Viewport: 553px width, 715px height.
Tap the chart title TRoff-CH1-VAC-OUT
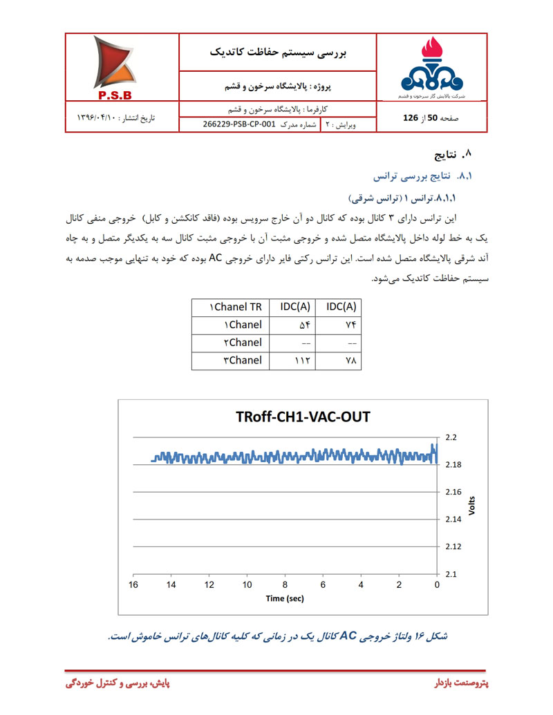click(303, 417)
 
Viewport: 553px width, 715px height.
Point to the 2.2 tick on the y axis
click(454, 437)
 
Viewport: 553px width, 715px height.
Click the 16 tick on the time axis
click(133, 584)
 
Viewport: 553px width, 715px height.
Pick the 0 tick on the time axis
click(437, 584)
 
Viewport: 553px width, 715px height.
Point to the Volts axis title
click(473, 506)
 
